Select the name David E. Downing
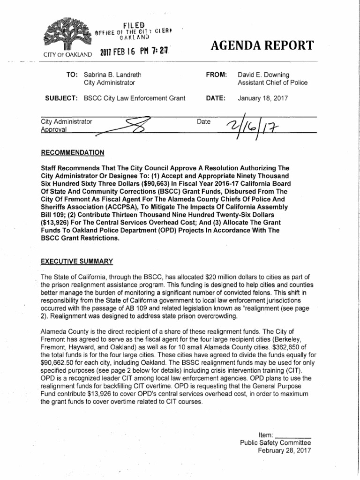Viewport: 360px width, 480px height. pos(264,75)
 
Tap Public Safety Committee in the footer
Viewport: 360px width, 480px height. pos(275,442)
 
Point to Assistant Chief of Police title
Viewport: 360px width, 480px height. pos(273,83)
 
